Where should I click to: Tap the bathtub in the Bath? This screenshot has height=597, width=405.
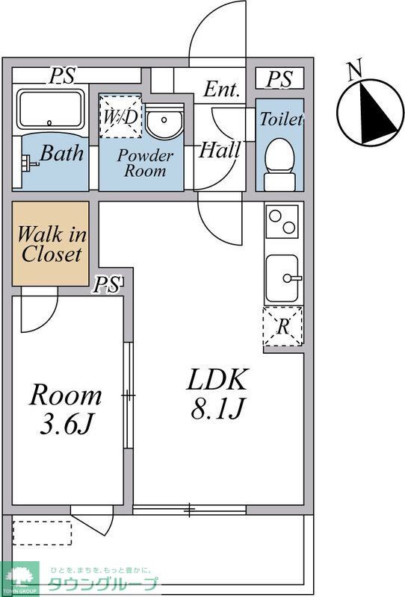tap(50, 109)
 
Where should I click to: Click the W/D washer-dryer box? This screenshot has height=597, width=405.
tap(120, 116)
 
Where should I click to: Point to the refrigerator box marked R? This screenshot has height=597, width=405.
tap(282, 326)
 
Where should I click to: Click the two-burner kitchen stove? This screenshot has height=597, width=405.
tap(282, 222)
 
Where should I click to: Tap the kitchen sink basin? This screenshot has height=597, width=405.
tap(282, 278)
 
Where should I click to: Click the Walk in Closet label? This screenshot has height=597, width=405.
tap(52, 244)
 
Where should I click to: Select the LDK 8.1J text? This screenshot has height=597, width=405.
tap(217, 394)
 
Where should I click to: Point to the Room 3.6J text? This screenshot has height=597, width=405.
tap(66, 409)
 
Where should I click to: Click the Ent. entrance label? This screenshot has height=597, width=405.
tap(222, 90)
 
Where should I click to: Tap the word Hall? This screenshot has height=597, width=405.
tap(220, 150)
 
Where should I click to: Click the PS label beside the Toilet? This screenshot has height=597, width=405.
tap(279, 79)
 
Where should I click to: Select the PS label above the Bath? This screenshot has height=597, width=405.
tap(62, 75)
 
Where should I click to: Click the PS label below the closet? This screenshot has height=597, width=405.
tap(107, 284)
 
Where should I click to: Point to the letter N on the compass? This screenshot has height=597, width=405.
tap(355, 72)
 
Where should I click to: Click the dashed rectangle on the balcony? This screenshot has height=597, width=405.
tap(42, 533)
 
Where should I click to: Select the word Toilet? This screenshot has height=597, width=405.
tap(282, 119)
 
